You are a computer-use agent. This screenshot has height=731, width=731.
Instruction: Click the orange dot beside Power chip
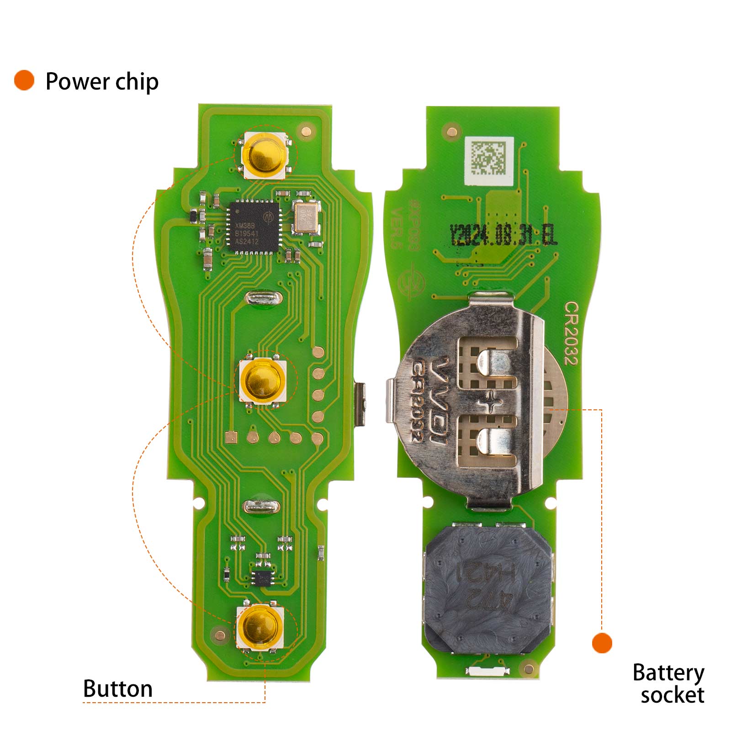[x=24, y=80]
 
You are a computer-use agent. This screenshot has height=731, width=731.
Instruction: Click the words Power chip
[x=102, y=82]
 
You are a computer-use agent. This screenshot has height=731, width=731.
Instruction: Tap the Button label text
[x=117, y=689]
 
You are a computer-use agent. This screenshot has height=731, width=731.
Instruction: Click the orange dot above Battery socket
[x=602, y=643]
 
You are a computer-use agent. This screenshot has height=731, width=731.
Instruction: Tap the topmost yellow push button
[x=265, y=155]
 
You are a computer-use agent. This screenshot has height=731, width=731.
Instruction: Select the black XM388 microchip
[x=254, y=227]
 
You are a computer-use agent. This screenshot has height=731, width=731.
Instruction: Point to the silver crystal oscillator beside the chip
[x=306, y=218]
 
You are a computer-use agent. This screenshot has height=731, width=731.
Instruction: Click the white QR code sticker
[x=488, y=160]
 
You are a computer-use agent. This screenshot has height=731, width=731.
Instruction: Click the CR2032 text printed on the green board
[x=570, y=333]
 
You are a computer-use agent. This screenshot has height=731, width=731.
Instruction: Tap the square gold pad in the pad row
[x=231, y=438]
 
